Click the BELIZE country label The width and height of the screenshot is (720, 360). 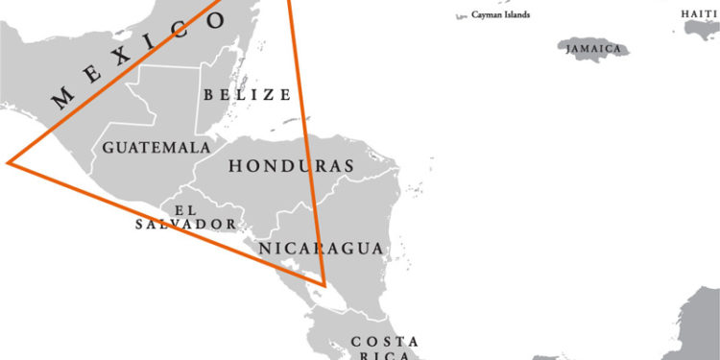point(247,94)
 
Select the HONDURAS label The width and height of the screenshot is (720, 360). point(291,165)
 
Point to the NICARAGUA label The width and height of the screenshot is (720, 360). point(322,248)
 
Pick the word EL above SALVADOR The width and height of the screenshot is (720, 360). point(185,208)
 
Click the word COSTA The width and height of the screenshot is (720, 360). point(385,342)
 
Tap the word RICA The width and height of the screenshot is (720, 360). point(385,356)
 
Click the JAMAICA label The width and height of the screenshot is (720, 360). point(593,48)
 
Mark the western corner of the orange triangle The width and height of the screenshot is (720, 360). point(9,163)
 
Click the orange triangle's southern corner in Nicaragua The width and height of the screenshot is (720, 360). point(324,285)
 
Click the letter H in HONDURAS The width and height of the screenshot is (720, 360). point(235,166)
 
